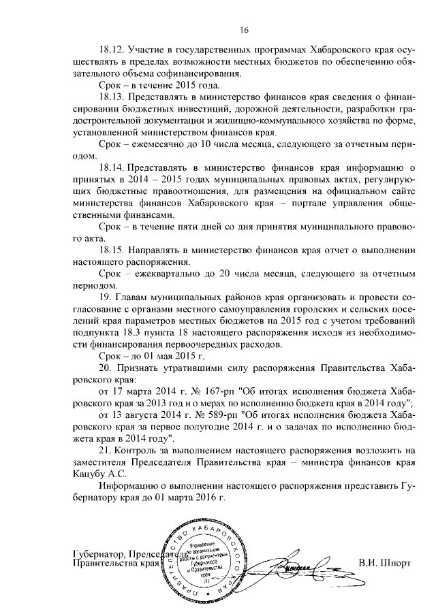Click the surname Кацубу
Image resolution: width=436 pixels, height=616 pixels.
pyautogui.click(x=90, y=474)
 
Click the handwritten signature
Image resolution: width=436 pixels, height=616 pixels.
pyautogui.click(x=296, y=564)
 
